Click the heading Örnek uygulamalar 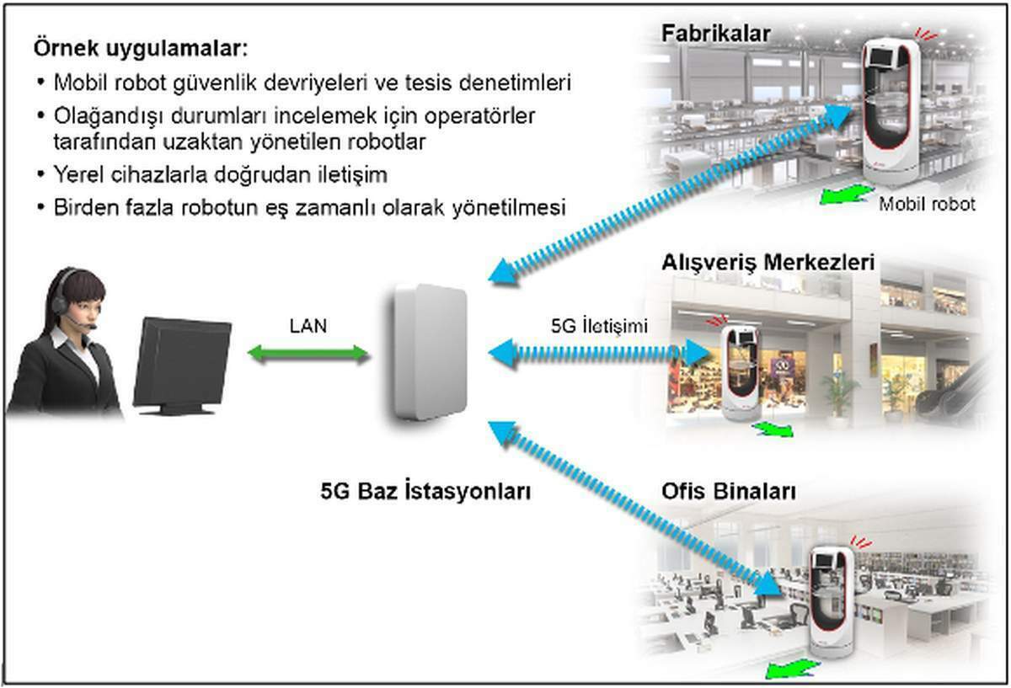click(141, 48)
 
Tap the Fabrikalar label click(716, 34)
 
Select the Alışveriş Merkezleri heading click(768, 263)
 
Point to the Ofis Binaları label click(729, 491)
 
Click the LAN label click(308, 326)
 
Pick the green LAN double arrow click(308, 355)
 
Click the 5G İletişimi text click(599, 326)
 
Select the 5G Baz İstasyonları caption click(425, 491)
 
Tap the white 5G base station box click(429, 353)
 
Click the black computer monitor click(182, 365)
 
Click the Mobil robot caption click(927, 205)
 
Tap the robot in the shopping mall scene click(741, 373)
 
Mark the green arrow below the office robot click(793, 668)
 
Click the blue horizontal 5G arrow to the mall click(599, 353)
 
